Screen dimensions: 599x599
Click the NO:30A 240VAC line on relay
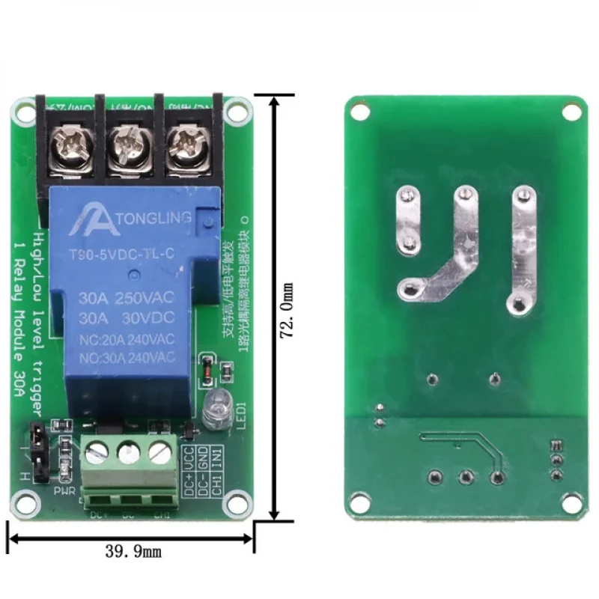click(x=126, y=356)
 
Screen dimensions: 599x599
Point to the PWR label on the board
click(x=63, y=491)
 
